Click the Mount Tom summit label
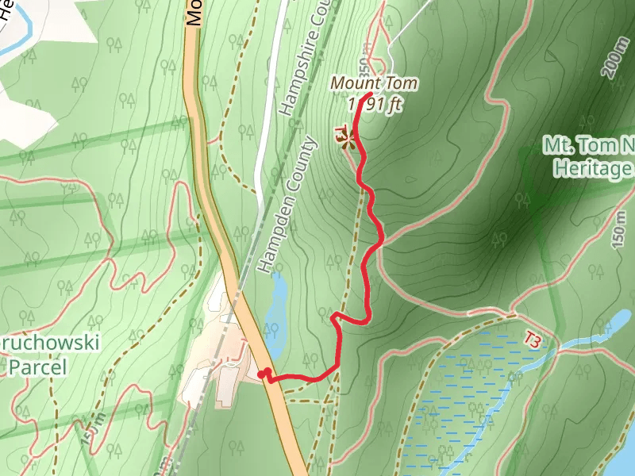click(374, 83)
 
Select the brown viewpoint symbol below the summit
click(347, 142)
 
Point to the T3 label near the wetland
click(533, 340)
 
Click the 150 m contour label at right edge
click(620, 231)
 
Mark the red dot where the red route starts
click(263, 374)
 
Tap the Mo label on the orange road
click(193, 13)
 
